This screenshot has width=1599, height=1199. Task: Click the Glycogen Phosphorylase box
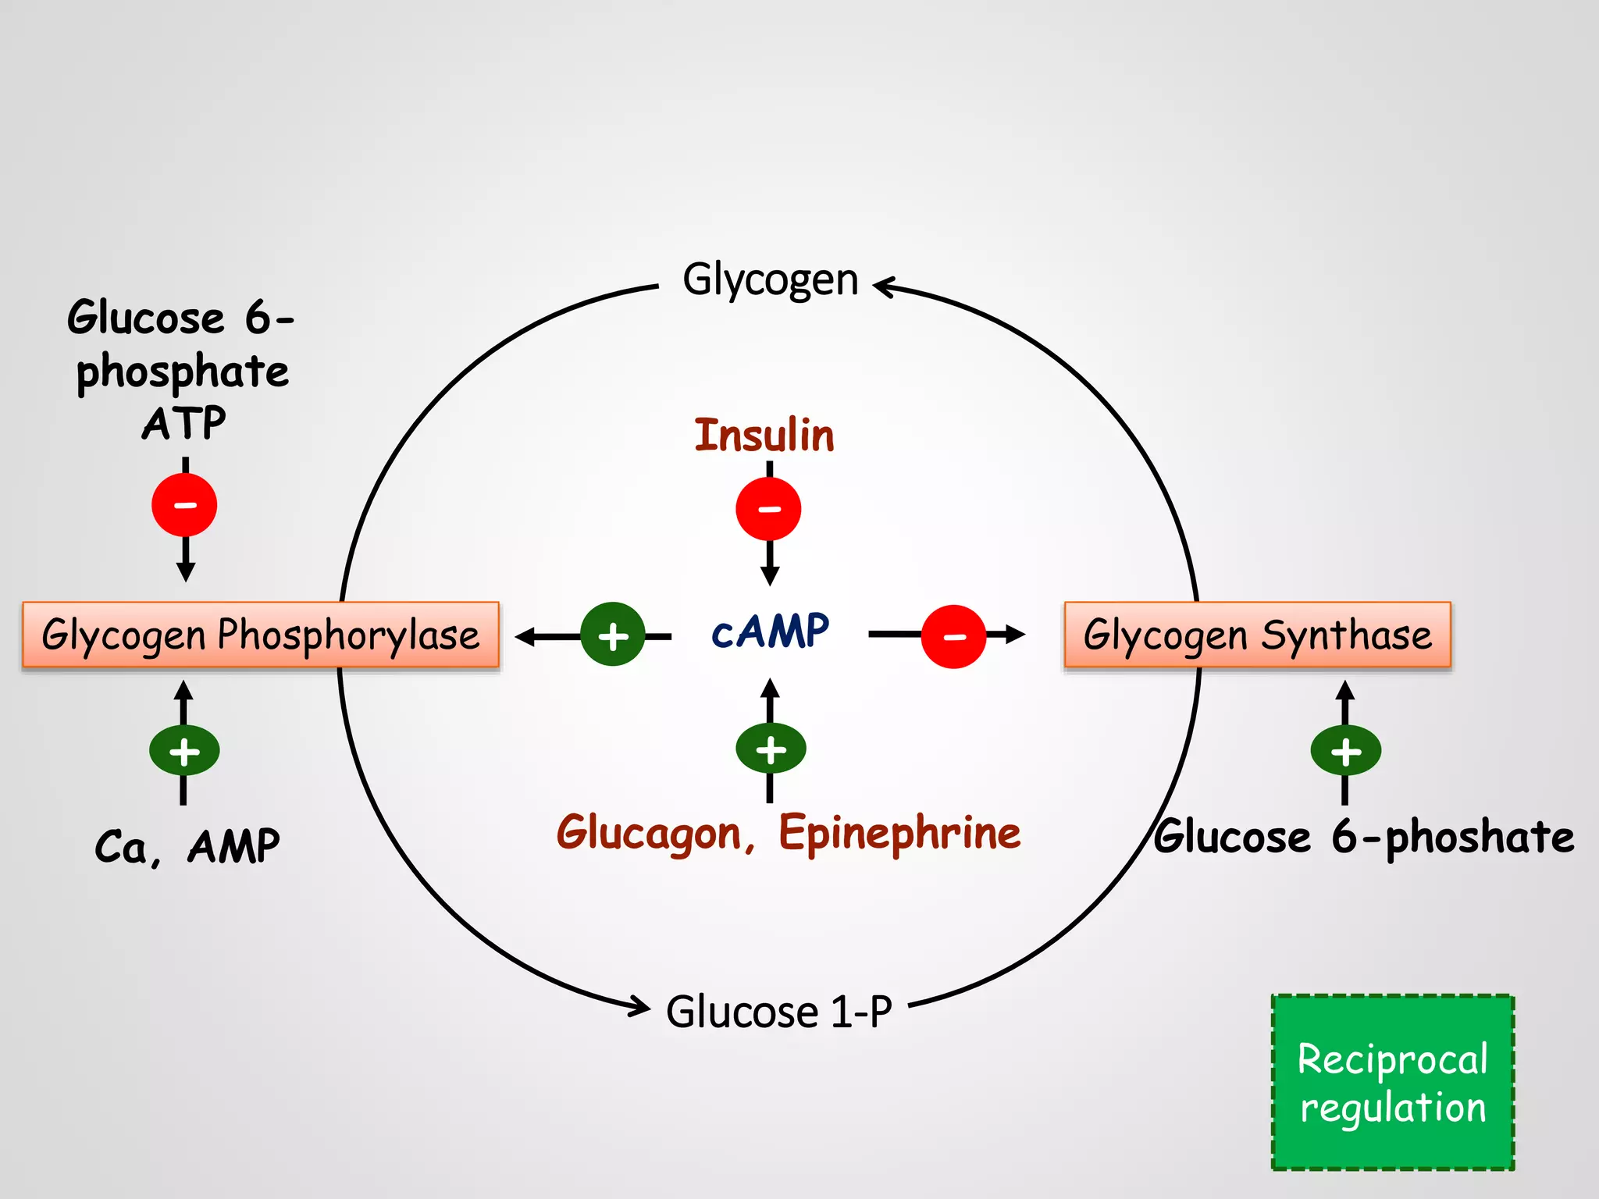coord(260,635)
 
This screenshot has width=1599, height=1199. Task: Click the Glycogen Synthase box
coord(1257,635)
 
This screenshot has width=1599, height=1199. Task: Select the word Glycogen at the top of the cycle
coord(770,279)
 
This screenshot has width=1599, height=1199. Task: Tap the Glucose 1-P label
coord(778,1012)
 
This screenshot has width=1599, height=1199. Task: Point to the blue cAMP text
coord(770,632)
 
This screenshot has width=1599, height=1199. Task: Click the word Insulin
coord(764,436)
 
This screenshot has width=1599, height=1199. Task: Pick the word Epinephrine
coord(899,834)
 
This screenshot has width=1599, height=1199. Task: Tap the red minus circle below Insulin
coord(768,509)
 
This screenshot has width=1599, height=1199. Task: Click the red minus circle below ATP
coord(184,505)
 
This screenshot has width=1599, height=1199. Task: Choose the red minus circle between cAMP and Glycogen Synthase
coord(953,636)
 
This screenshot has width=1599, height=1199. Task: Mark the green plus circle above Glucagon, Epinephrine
coord(771,749)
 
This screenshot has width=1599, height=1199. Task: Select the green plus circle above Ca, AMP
coord(184,751)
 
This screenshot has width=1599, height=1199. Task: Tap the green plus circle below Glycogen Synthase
coord(1345,751)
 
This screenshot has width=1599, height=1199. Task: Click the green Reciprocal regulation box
coord(1392,1082)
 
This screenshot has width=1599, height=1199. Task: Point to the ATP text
coord(184,424)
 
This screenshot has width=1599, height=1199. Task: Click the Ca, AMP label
coord(187,846)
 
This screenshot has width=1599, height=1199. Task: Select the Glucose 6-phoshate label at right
coord(1363,837)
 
